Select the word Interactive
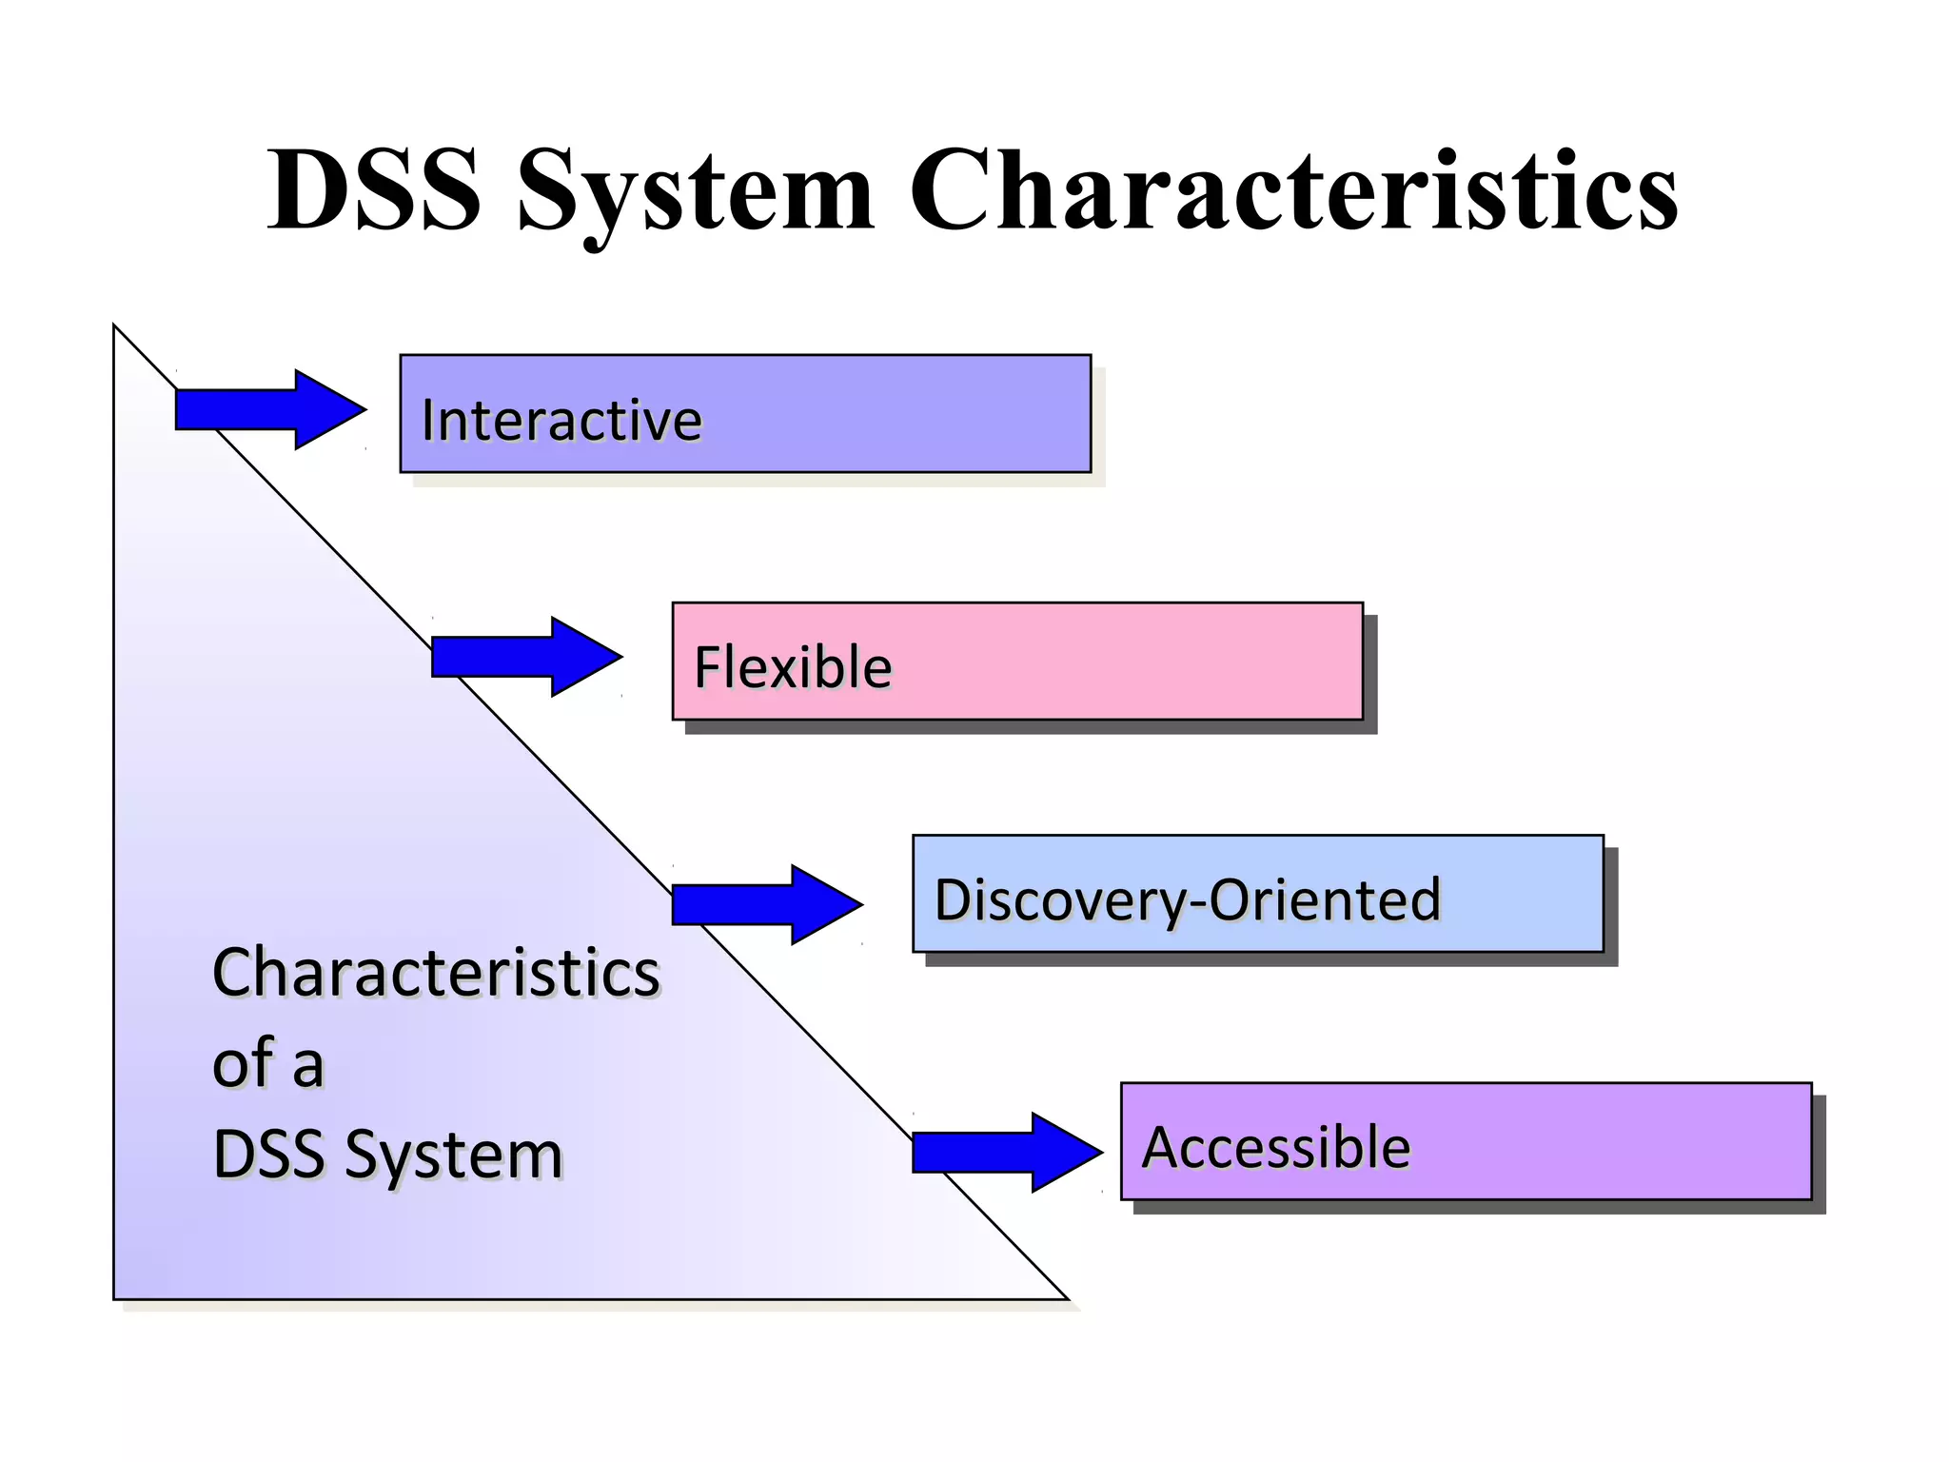pos(561,420)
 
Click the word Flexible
pos(793,666)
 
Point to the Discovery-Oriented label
pos(1188,899)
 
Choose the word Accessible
pos(1275,1147)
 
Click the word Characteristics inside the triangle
pos(436,973)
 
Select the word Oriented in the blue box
pos(1325,899)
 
